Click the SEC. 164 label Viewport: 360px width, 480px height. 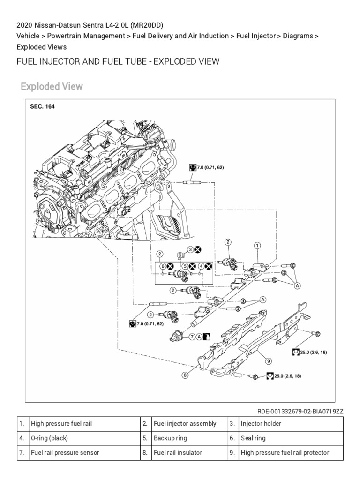click(42, 107)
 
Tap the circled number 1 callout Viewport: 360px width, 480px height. click(257, 245)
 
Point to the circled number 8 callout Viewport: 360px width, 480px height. click(186, 375)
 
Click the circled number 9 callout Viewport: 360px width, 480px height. click(268, 361)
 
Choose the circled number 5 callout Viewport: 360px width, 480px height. click(185, 266)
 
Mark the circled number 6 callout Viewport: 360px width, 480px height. click(163, 266)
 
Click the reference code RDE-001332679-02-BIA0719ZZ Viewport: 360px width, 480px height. click(300, 411)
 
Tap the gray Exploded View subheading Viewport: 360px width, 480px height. click(52, 87)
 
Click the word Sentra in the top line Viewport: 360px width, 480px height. click(83, 24)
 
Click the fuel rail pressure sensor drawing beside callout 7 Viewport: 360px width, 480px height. click(177, 336)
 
